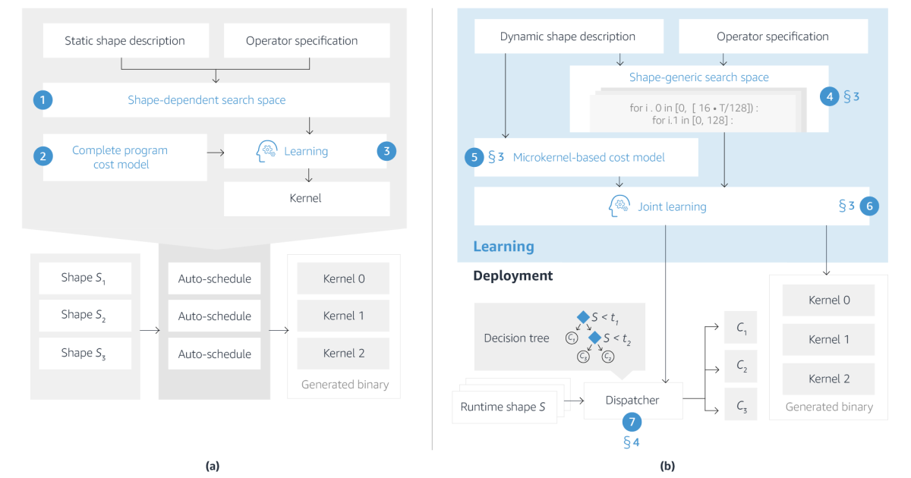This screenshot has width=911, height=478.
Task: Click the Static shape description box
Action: pyautogui.click(x=125, y=40)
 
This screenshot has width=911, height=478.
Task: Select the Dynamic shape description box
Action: pyautogui.click(x=568, y=36)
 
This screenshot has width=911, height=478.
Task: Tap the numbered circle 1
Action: pyautogui.click(x=43, y=100)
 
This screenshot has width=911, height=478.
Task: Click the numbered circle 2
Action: pyautogui.click(x=43, y=157)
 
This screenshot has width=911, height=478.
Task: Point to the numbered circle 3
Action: pyautogui.click(x=386, y=151)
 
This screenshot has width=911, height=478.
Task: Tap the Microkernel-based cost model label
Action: pyautogui.click(x=588, y=157)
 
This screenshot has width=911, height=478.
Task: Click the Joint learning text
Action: pyautogui.click(x=672, y=206)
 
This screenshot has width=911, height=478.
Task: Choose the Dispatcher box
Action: pyautogui.click(x=633, y=400)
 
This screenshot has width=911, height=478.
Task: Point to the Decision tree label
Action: pyautogui.click(x=516, y=338)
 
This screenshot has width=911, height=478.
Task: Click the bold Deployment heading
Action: pyautogui.click(x=513, y=275)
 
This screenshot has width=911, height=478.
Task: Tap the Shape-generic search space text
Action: pyautogui.click(x=698, y=77)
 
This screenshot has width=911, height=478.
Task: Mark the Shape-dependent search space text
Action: pyautogui.click(x=206, y=100)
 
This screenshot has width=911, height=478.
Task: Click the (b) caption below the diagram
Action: pyautogui.click(x=667, y=466)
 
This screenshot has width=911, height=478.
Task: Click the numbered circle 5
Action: pyautogui.click(x=475, y=157)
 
